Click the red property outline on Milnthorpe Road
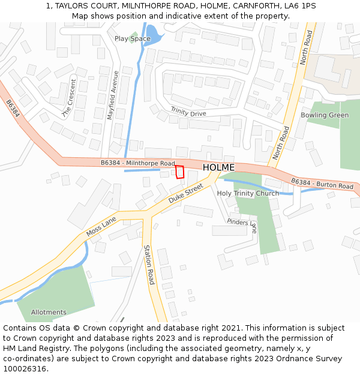click(179, 172)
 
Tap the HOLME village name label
click(218, 167)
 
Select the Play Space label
click(133, 39)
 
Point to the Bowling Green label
click(324, 115)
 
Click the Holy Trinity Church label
click(248, 193)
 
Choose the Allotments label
click(49, 312)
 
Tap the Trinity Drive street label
click(188, 112)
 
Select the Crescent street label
click(70, 98)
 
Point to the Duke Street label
click(185, 194)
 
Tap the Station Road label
click(148, 265)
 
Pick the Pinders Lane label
click(242, 225)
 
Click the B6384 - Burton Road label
click(322, 184)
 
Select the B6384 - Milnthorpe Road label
click(137, 163)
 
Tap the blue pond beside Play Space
click(153, 35)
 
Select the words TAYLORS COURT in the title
click(82, 6)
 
